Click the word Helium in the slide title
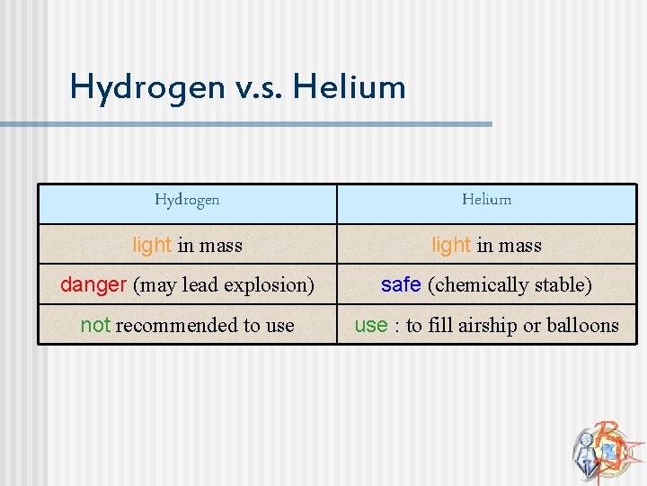click(x=350, y=87)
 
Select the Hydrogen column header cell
click(x=187, y=200)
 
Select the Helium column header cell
click(x=486, y=200)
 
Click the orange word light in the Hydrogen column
click(x=152, y=245)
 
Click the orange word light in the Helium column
click(x=451, y=245)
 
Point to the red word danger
click(x=93, y=285)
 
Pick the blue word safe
click(x=401, y=285)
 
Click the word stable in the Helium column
click(x=562, y=285)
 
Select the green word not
click(x=95, y=326)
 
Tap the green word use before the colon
click(x=370, y=326)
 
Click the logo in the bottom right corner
click(x=604, y=447)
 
